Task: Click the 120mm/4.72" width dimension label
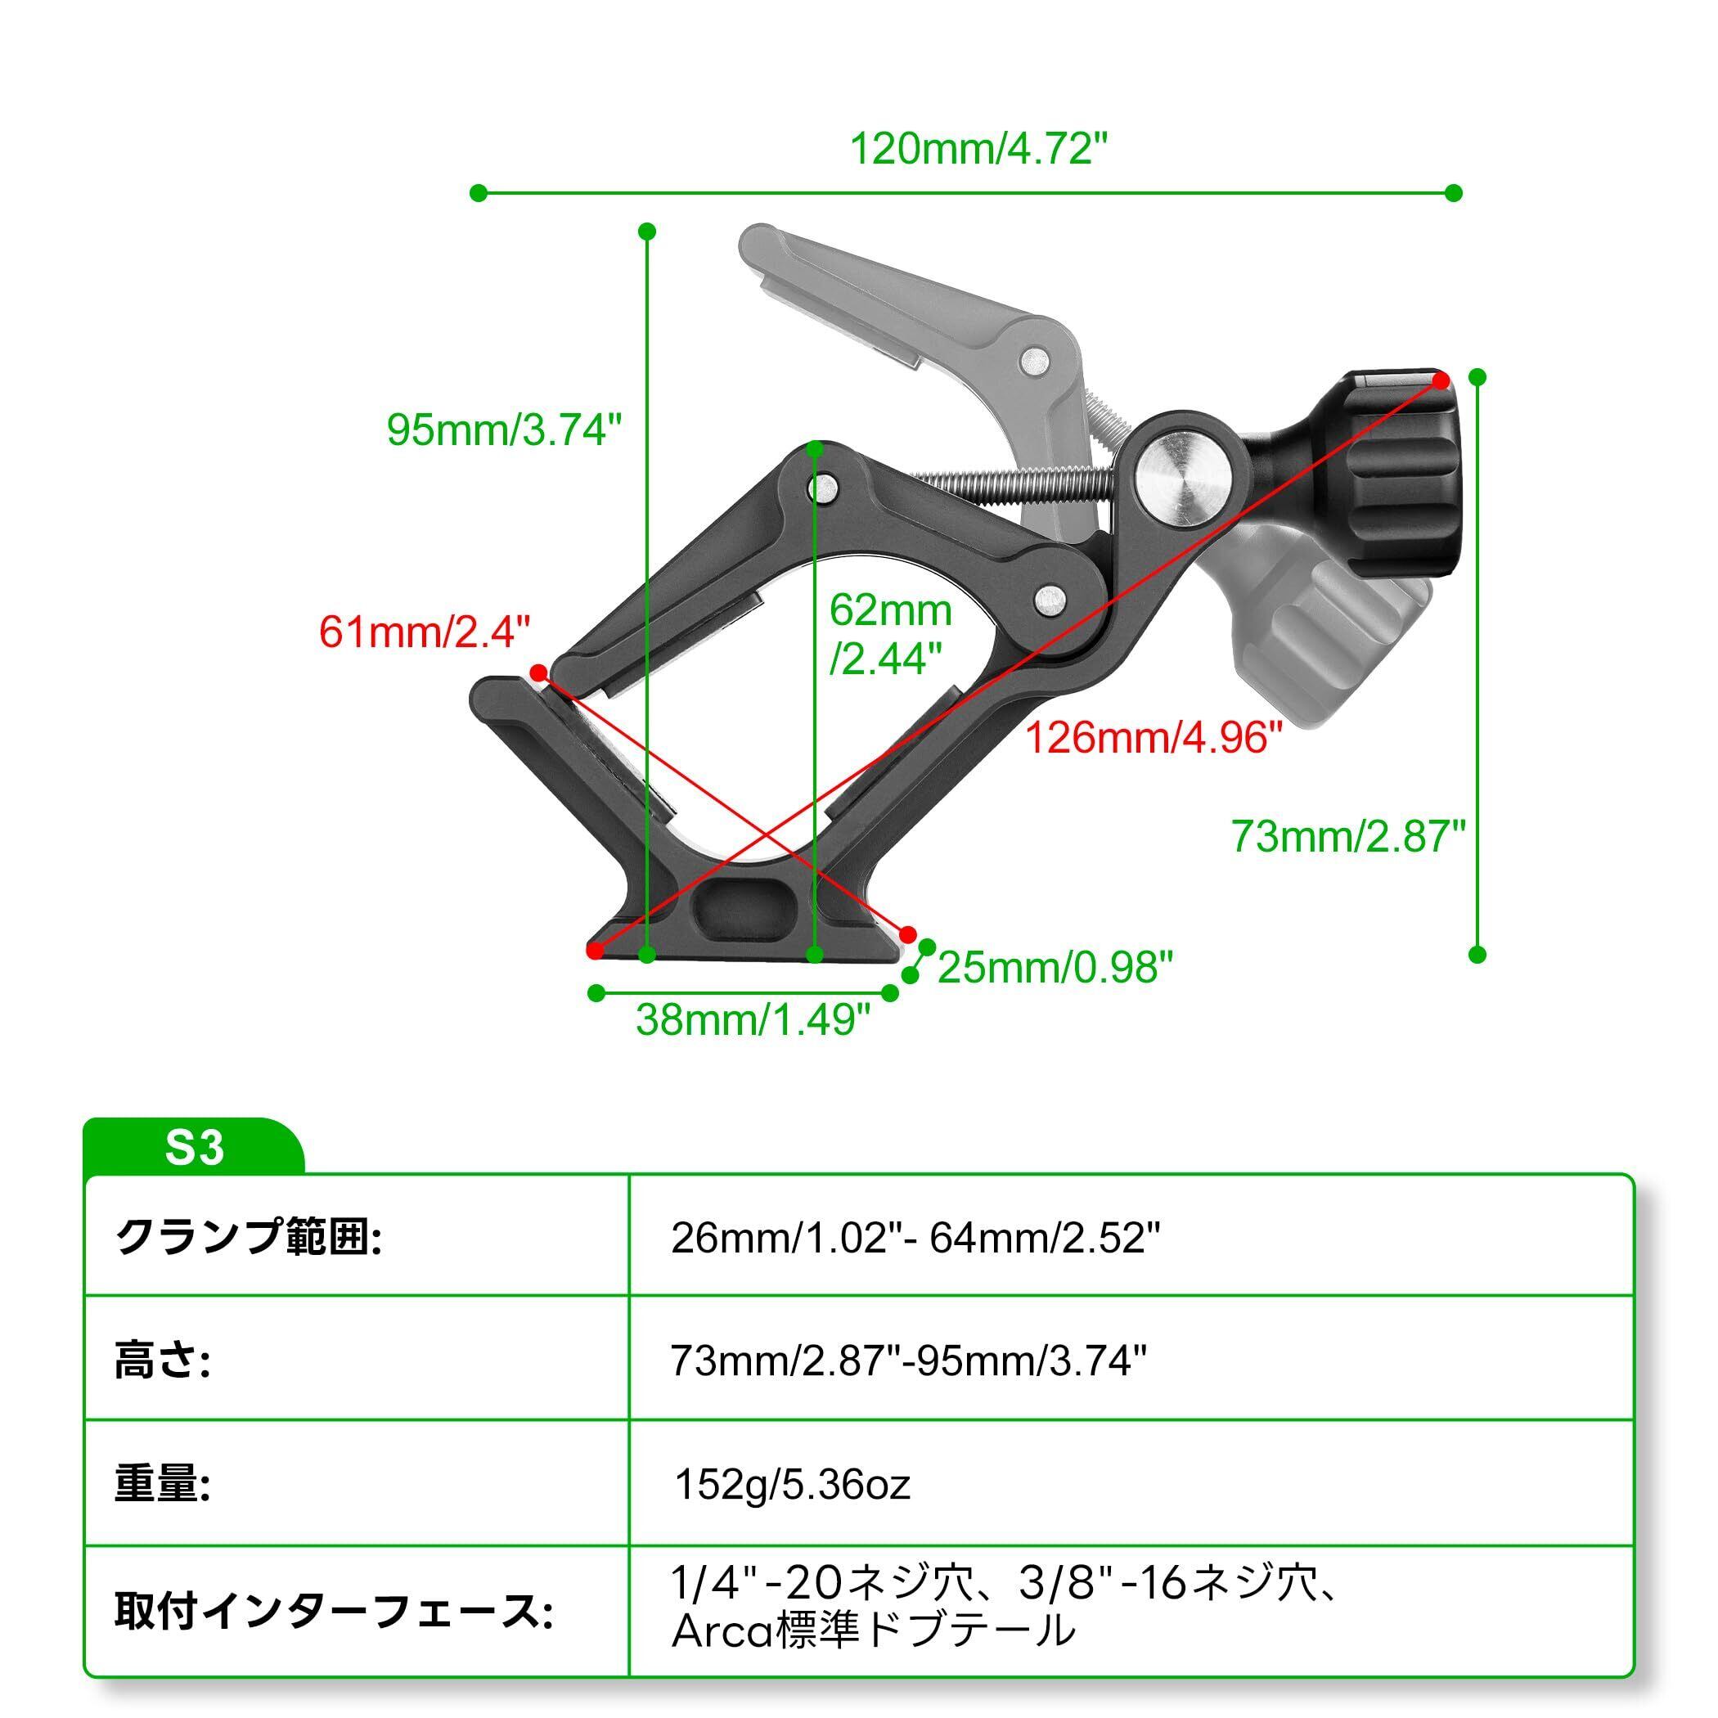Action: [x=980, y=150]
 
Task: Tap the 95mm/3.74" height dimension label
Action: [x=503, y=429]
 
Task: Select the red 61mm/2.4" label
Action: [x=424, y=632]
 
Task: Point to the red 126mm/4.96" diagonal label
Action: [x=1154, y=737]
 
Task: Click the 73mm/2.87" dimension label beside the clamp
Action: [x=1348, y=836]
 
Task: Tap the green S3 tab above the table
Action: [x=194, y=1148]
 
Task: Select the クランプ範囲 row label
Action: [x=248, y=1237]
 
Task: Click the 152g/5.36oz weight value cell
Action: [x=792, y=1484]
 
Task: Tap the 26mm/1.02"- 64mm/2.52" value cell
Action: [x=915, y=1238]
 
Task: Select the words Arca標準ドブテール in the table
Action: [x=872, y=1630]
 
